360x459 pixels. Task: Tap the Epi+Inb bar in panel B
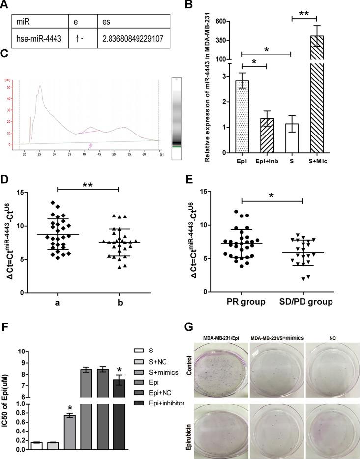(266, 135)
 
